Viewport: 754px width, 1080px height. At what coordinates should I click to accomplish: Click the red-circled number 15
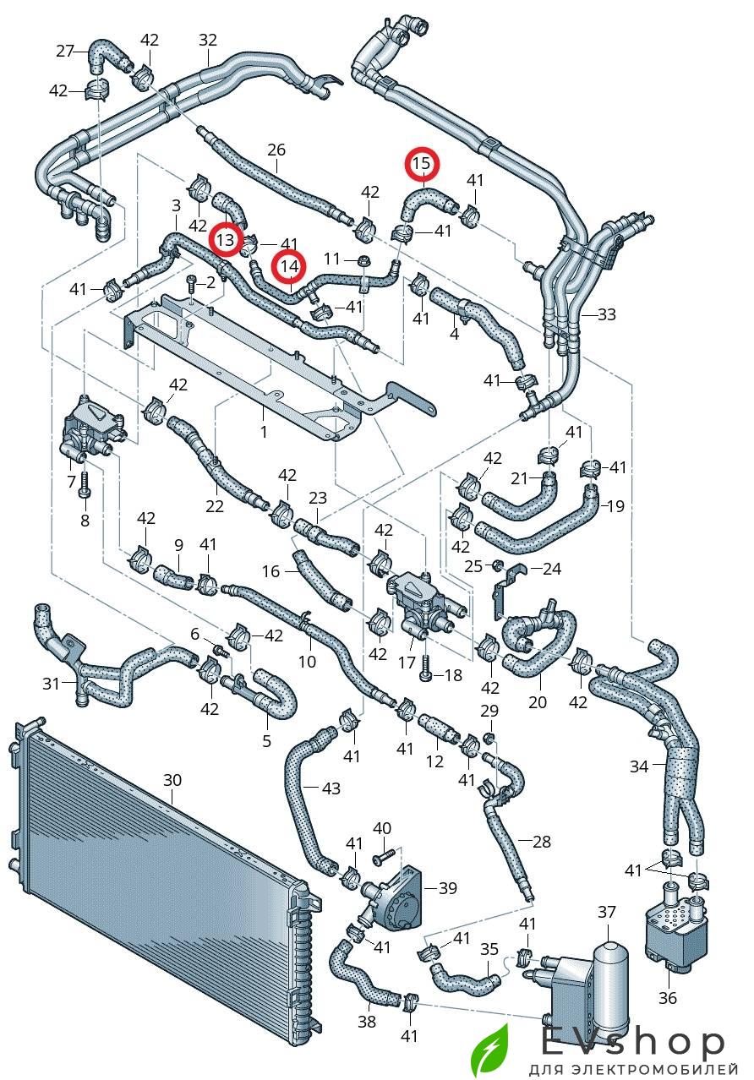point(421,163)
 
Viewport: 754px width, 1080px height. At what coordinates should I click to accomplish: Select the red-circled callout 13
point(226,240)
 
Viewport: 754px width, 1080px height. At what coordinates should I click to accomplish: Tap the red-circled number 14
point(289,267)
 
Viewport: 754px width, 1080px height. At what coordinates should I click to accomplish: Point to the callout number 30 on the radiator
point(172,779)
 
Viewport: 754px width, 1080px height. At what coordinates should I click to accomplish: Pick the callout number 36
point(668,997)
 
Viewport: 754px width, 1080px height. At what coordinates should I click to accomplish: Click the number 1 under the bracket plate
point(264,431)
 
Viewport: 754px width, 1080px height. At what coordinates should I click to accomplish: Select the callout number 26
point(276,150)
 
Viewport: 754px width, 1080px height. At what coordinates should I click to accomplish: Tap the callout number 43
point(331,788)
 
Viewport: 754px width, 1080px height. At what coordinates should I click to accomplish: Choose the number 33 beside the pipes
point(606,314)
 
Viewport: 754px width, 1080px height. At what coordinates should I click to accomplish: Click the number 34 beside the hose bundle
point(639,766)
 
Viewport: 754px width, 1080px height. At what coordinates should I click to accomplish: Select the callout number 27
point(65,51)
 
